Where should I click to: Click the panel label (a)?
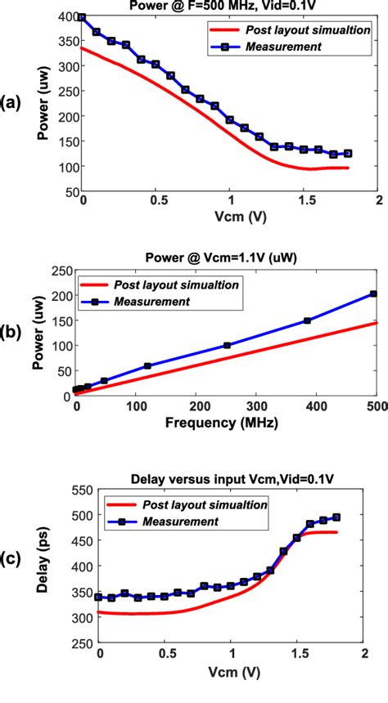coord(11,102)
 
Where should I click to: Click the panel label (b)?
coord(11,334)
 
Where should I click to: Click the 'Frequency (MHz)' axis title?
coord(226,424)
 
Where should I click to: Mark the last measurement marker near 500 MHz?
coord(373,293)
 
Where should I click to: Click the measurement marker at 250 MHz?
coord(227,345)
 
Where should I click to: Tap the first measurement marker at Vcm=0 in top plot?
coord(82,17)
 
